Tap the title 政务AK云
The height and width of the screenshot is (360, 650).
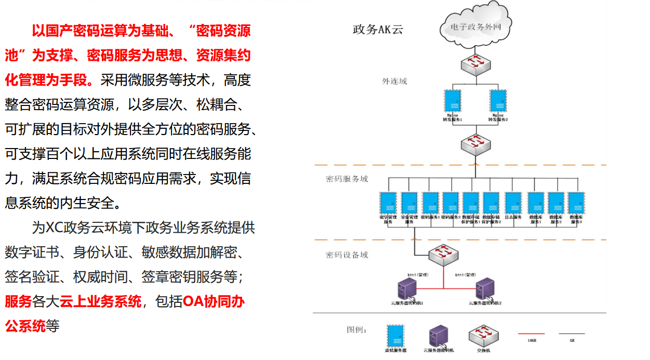(378, 30)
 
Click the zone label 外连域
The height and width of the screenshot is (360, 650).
(394, 81)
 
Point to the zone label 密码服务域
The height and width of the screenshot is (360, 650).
(347, 179)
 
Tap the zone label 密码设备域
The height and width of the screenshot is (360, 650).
(347, 255)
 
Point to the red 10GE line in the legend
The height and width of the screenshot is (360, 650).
(532, 334)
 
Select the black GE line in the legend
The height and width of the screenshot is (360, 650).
(572, 334)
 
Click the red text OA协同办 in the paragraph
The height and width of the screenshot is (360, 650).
(214, 302)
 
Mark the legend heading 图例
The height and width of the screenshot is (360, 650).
(357, 329)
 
